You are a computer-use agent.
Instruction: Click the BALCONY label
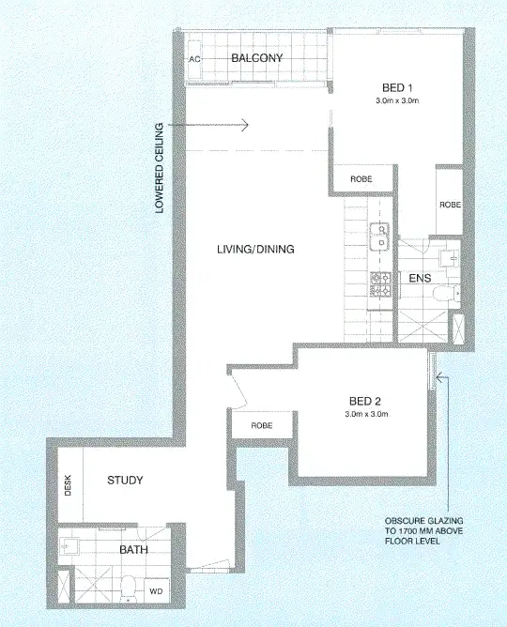tap(257, 58)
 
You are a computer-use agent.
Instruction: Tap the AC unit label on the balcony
tap(195, 58)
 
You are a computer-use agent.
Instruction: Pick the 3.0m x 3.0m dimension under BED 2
tap(366, 414)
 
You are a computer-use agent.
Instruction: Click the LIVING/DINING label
tap(256, 250)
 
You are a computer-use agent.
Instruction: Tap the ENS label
tap(420, 278)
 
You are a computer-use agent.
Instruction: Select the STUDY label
tap(125, 481)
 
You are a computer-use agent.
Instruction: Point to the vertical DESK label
tap(68, 483)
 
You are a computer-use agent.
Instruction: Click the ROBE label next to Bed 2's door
tap(261, 425)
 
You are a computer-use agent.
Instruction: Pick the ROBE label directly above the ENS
tap(450, 204)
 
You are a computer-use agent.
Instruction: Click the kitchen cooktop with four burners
tap(381, 284)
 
